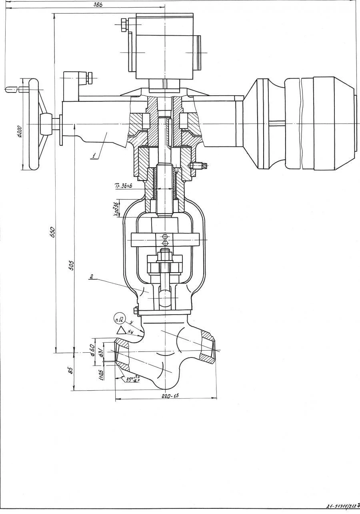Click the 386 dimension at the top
(x=97, y=4)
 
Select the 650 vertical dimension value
(x=52, y=232)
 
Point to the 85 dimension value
(x=70, y=370)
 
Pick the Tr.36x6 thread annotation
(x=123, y=185)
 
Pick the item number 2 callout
(x=92, y=276)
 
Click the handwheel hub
(x=46, y=120)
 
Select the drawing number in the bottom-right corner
(x=342, y=506)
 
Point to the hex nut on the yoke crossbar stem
(x=165, y=255)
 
